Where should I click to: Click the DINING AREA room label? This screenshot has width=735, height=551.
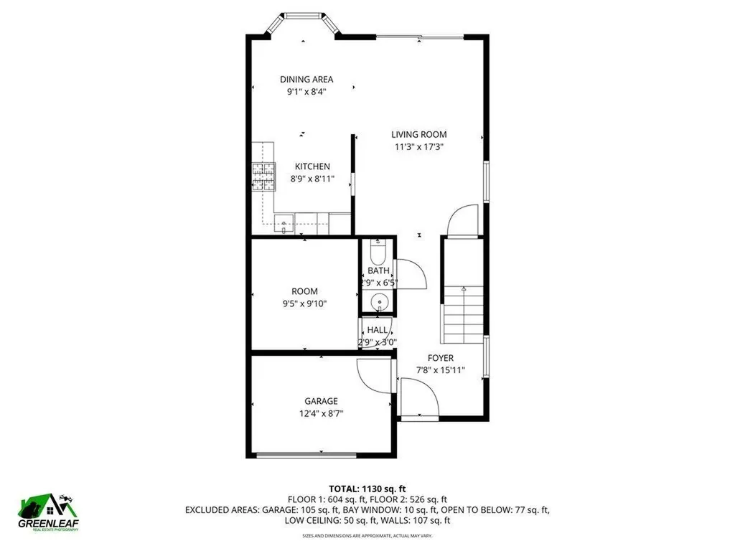pos(306,80)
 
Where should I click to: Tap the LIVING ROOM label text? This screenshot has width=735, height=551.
pos(418,134)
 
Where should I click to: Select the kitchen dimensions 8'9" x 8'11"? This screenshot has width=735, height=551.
pos(312,179)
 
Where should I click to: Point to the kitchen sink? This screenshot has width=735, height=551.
pos(284,223)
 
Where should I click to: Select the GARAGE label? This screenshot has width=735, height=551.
pos(321,401)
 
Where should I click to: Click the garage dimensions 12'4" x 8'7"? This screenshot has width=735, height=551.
pos(321,413)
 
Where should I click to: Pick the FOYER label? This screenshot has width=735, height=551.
pos(441,358)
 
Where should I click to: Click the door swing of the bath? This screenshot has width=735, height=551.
pos(412,274)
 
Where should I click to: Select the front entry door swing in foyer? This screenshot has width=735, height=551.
pos(418,399)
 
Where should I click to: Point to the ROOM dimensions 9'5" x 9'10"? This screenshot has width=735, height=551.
pos(304,303)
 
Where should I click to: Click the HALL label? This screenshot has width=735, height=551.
pos(378,330)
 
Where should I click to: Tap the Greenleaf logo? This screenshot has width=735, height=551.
pos(49,510)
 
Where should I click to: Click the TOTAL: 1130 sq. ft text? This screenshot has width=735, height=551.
pos(367,489)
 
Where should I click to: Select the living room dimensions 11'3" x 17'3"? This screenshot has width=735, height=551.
pos(418,147)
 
